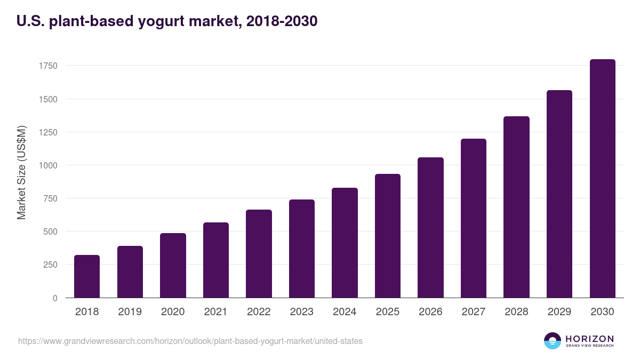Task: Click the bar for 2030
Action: pos(602,179)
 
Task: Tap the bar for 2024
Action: pos(345,243)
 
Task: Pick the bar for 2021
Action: pos(216,260)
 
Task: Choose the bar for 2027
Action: pos(474,218)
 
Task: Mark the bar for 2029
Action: pos(559,194)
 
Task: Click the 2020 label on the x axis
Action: pos(173,312)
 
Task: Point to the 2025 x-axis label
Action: pos(388,312)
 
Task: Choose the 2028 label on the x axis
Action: pos(516,312)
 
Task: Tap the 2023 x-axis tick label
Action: pos(302,312)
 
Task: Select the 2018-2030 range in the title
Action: pos(282,21)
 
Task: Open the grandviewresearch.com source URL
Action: pos(190,341)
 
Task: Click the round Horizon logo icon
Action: pos(553,341)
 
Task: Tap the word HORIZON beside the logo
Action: pos(589,339)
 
